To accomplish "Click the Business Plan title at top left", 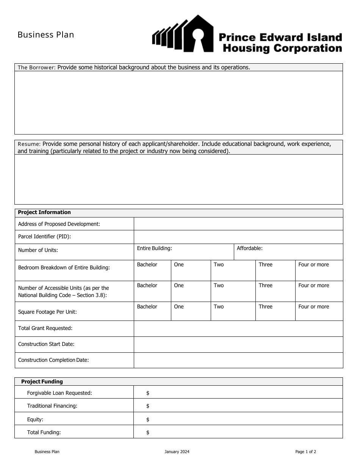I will tap(46, 35).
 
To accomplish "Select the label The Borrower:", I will tap(37, 67).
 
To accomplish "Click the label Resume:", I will tap(29, 144).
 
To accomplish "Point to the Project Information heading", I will tap(44, 213).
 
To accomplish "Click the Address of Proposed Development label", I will tap(59, 224).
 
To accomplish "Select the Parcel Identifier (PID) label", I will tap(45, 237).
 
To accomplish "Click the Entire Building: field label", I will tap(154, 249).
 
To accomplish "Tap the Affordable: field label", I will tap(249, 249).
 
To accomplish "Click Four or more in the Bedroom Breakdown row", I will tap(313, 265).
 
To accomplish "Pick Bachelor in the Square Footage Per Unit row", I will tap(147, 307).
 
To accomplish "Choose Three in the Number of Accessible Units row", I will tap(265, 286).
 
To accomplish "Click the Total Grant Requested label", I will tap(45, 328).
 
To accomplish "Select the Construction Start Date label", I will tap(46, 344).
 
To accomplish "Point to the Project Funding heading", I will tap(42, 382).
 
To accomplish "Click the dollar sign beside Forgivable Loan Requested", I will tap(148, 393).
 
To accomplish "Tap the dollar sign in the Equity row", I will tap(148, 420).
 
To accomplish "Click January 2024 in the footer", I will tap(177, 452).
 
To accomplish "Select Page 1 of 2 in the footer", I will tap(305, 452).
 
